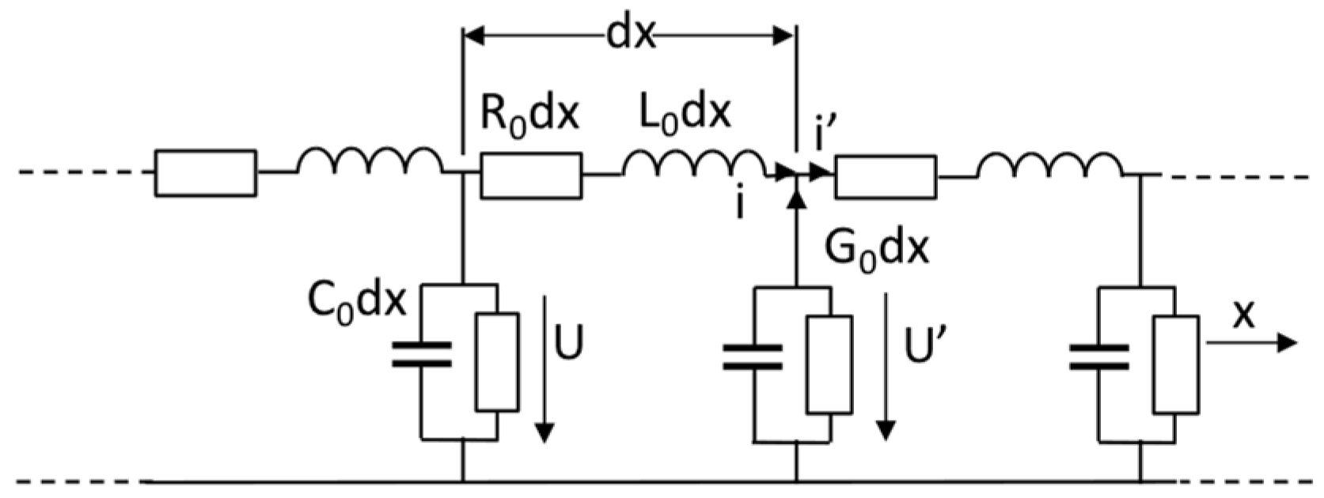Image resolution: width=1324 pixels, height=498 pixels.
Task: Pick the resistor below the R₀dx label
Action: pos(531,175)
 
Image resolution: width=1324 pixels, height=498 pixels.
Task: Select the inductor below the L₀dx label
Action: pos(693,164)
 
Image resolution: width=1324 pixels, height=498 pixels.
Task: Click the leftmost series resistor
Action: pos(205,172)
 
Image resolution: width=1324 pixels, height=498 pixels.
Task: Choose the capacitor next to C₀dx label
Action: pos(422,354)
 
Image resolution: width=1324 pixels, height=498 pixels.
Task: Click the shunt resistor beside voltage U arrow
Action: pos(497,362)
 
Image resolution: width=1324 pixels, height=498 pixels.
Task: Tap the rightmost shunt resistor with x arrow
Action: pos(1175,364)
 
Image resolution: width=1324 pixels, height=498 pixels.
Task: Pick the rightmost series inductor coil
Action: pos(1048,164)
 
